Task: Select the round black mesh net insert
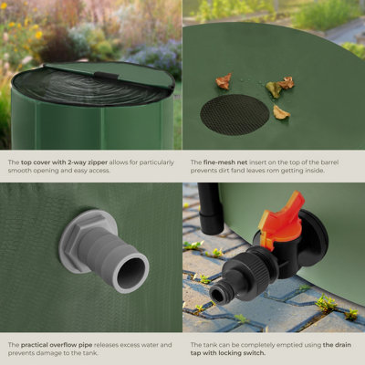pos(235,114)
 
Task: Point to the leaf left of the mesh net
pos(224,81)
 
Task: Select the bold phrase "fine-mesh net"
pos(220,162)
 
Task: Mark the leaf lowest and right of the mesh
pos(281,112)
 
